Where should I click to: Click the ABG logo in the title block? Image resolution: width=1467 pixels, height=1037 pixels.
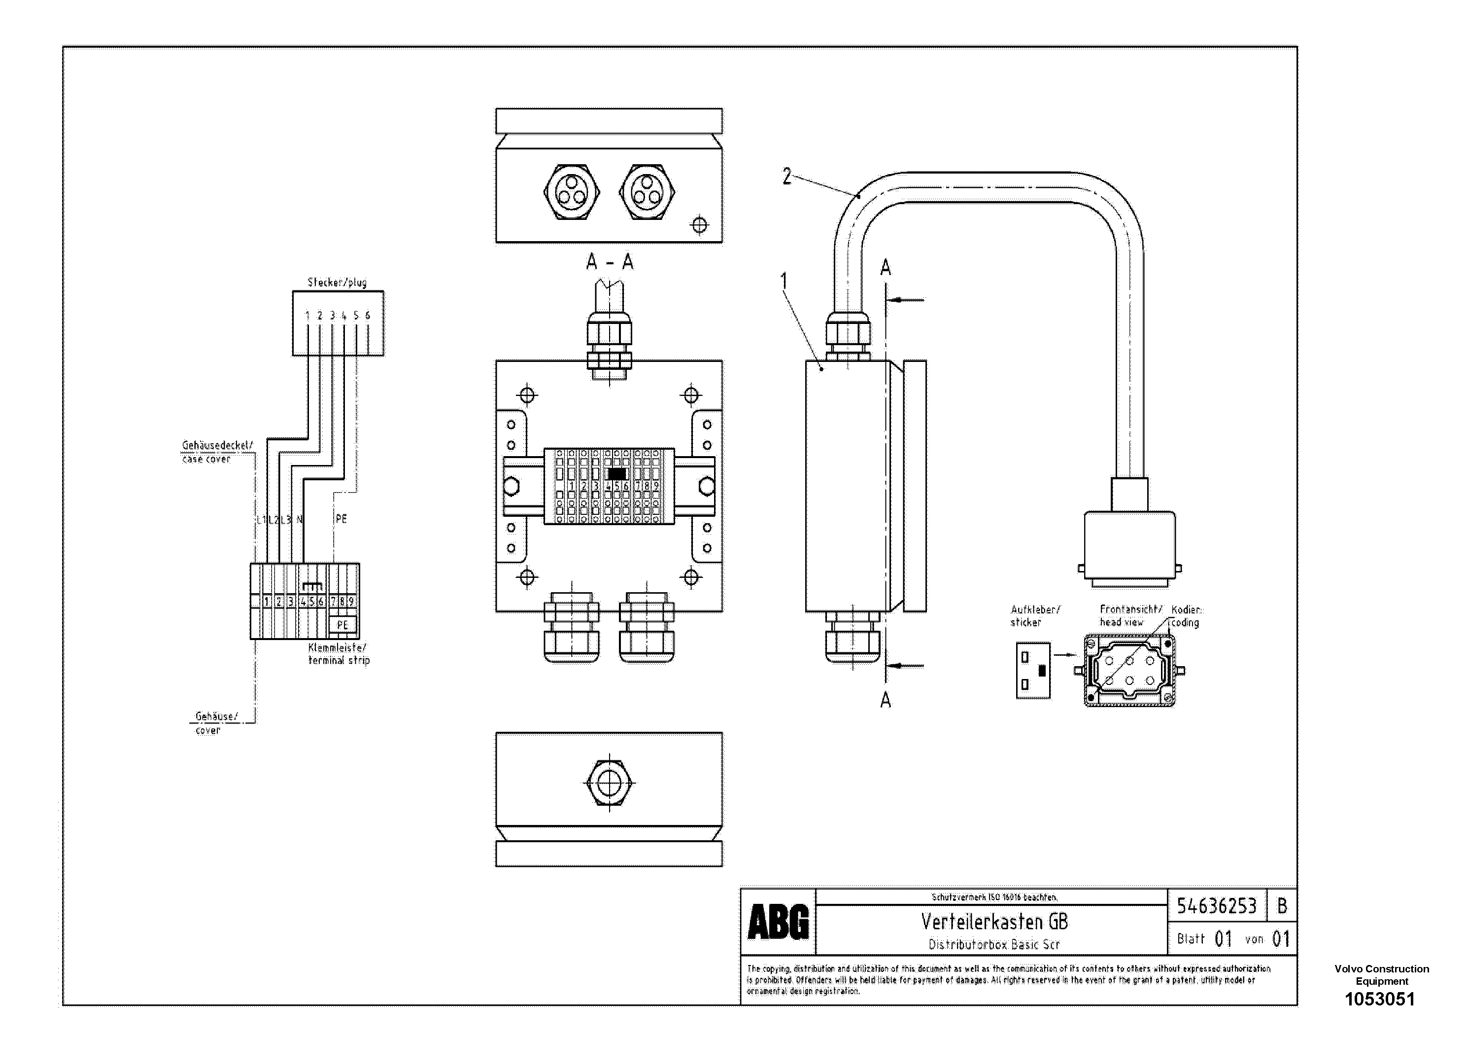pyautogui.click(x=778, y=923)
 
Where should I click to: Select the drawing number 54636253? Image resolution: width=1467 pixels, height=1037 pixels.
pyautogui.click(x=1216, y=906)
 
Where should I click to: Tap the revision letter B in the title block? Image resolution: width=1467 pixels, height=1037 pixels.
pyautogui.click(x=1282, y=906)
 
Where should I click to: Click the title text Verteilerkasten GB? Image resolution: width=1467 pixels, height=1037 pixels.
pyautogui.click(x=993, y=921)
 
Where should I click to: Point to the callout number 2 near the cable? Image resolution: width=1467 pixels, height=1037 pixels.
pyautogui.click(x=786, y=176)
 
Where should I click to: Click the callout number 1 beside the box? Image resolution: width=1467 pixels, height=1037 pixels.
pyautogui.click(x=784, y=281)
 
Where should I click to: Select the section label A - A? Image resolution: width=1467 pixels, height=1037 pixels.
pyautogui.click(x=610, y=262)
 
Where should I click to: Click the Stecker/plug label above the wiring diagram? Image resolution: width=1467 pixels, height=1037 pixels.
pyautogui.click(x=337, y=282)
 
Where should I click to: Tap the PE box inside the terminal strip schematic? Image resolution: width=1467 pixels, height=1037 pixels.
pyautogui.click(x=342, y=625)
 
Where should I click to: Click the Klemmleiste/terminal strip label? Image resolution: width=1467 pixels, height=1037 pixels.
pyautogui.click(x=339, y=654)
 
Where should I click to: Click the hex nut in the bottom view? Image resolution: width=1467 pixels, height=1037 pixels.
pyautogui.click(x=610, y=782)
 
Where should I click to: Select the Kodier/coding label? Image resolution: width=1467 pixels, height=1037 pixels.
pyautogui.click(x=1187, y=616)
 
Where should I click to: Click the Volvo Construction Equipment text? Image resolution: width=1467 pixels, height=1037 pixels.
pyautogui.click(x=1381, y=975)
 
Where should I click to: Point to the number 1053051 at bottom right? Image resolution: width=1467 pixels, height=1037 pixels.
pyautogui.click(x=1380, y=999)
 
